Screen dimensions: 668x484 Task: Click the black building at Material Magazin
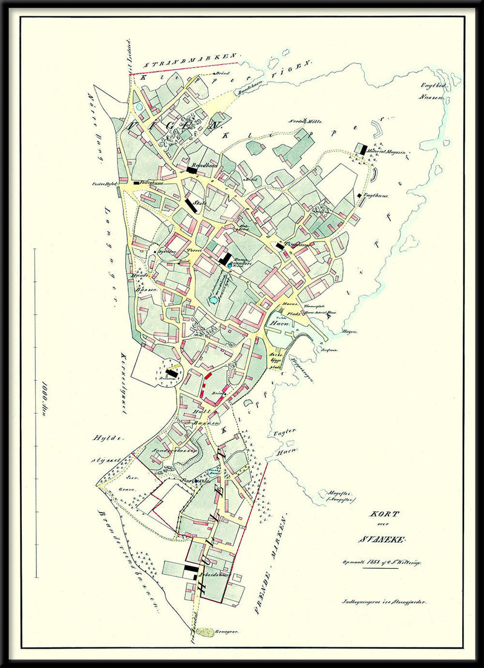click(x=363, y=148)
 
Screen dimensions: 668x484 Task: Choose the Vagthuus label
click(x=375, y=196)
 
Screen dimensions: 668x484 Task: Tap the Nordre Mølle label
click(x=304, y=120)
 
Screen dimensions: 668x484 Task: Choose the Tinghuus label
click(x=296, y=244)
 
